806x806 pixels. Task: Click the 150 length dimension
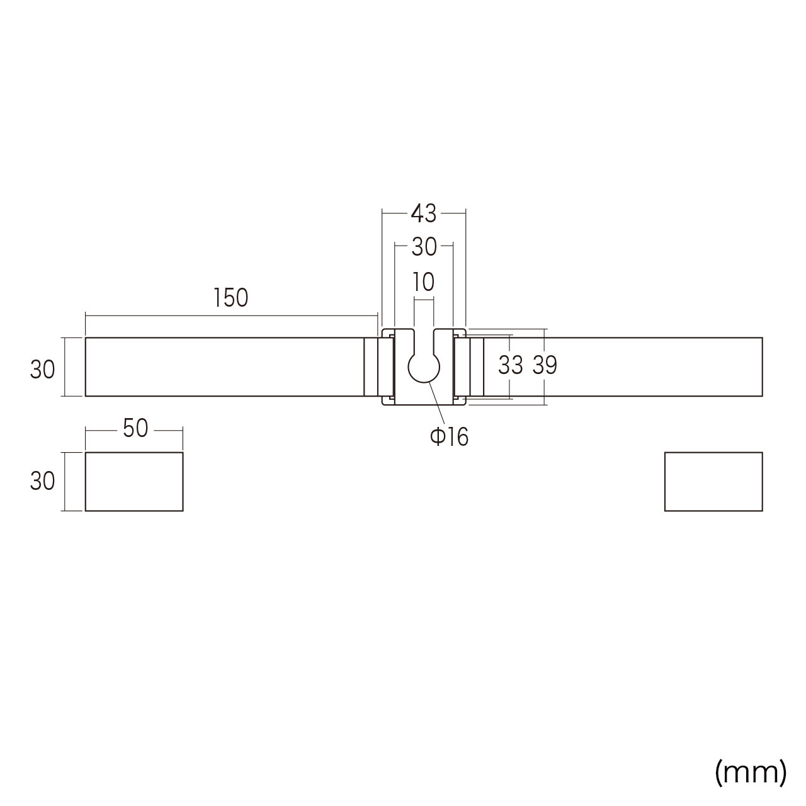(x=230, y=298)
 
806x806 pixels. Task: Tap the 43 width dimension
(x=424, y=213)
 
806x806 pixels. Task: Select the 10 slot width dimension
(x=424, y=282)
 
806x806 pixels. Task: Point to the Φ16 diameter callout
(x=450, y=437)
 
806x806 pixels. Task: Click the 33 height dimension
(x=511, y=365)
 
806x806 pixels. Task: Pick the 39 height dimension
(x=545, y=365)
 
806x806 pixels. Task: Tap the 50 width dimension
(x=135, y=428)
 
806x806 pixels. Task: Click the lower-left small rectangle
(x=134, y=482)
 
